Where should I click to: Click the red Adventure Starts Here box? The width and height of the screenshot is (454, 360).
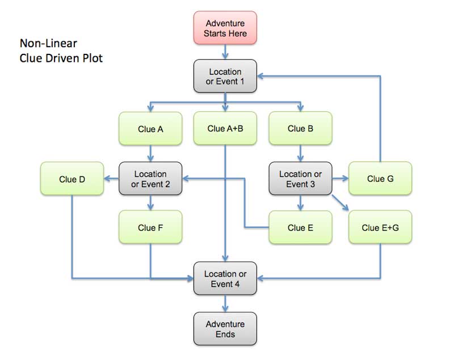(225, 28)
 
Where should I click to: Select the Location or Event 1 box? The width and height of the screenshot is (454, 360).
(225, 77)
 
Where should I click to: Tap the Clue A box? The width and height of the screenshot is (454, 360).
(150, 129)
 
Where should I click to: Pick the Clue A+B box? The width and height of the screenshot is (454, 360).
(225, 128)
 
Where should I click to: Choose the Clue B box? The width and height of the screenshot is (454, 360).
(300, 129)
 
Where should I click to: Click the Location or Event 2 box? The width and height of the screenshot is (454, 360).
(150, 179)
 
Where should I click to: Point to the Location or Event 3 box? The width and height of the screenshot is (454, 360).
(300, 179)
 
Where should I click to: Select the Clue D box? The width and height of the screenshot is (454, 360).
(72, 179)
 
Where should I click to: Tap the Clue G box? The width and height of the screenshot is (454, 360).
(380, 179)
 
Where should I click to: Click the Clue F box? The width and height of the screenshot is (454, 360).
(150, 228)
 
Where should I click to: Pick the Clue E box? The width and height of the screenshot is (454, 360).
(300, 228)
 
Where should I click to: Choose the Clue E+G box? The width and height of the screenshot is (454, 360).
(380, 228)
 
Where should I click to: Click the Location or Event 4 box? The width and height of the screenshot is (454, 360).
(225, 278)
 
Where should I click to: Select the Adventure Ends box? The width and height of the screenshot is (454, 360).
(225, 329)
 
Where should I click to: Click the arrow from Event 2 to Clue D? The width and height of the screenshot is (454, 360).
(111, 179)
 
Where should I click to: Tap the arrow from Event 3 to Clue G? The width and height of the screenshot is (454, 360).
(340, 179)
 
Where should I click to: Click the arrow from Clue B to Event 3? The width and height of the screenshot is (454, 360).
(300, 154)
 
